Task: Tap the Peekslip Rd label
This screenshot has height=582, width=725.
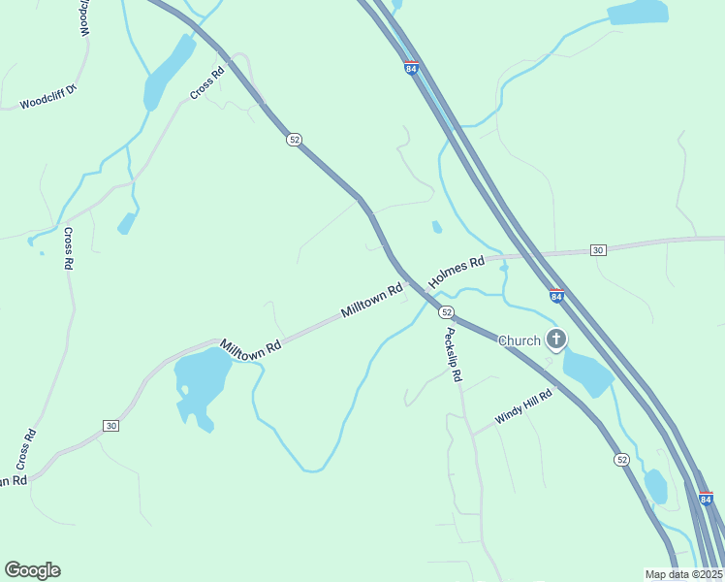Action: click(x=453, y=355)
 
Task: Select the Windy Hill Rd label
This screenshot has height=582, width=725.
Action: click(x=522, y=406)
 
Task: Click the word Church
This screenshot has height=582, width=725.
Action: click(x=519, y=340)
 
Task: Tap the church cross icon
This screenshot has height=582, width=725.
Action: click(x=556, y=339)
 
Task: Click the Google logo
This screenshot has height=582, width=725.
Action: click(x=32, y=570)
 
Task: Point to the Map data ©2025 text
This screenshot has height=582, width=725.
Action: click(x=683, y=574)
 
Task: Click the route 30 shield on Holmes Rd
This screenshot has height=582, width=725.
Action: click(x=598, y=250)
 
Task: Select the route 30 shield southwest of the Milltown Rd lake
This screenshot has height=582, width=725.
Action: click(x=111, y=426)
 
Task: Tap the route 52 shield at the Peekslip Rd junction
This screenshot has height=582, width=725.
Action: click(x=446, y=311)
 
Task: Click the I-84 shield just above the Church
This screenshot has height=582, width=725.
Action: click(x=556, y=296)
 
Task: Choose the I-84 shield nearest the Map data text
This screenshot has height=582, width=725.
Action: click(x=706, y=499)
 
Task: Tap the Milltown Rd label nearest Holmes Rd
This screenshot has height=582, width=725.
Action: click(x=371, y=302)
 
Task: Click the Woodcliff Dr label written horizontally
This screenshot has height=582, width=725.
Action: click(x=47, y=100)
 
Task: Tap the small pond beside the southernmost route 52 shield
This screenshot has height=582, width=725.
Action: click(x=656, y=485)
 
